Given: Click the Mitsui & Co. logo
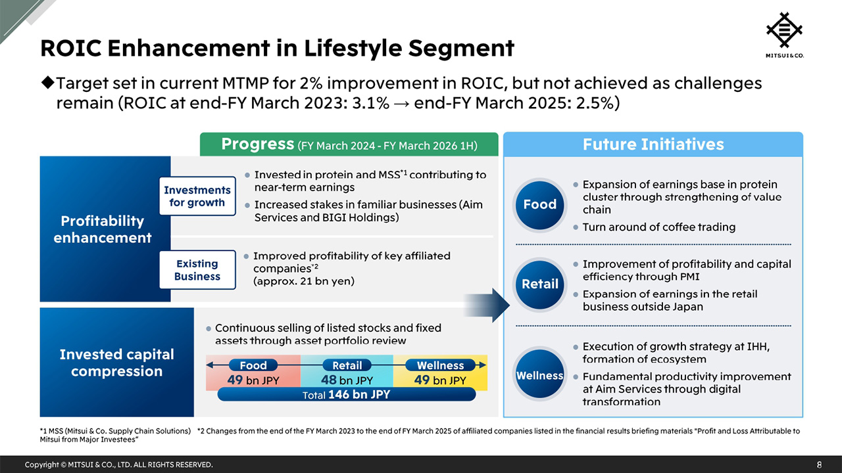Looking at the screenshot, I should tap(785, 34).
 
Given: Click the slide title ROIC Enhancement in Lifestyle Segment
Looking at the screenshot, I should tap(277, 48).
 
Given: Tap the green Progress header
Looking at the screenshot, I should tap(349, 145).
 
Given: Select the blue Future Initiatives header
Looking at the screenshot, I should tap(653, 145).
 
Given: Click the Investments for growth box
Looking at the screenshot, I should tap(197, 196).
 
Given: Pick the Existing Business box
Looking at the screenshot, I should tap(197, 269).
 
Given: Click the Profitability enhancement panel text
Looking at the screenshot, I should tap(103, 229).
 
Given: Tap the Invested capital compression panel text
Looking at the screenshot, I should tap(116, 363).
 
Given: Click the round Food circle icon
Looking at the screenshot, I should tap(539, 205).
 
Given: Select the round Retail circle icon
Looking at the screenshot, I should tap(539, 284).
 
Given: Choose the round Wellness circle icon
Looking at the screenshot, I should tap(539, 376).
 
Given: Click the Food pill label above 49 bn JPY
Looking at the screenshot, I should tap(253, 365).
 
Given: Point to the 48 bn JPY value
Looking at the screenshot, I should tap(347, 380).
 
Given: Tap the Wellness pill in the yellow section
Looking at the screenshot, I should tap(440, 365).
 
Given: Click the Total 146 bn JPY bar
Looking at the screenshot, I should tap(346, 395).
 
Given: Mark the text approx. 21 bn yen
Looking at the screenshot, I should tap(304, 281).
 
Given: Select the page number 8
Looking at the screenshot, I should tap(819, 464).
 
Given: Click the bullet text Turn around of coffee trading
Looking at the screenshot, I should tap(659, 227).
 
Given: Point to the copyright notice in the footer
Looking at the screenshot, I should tap(118, 464).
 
